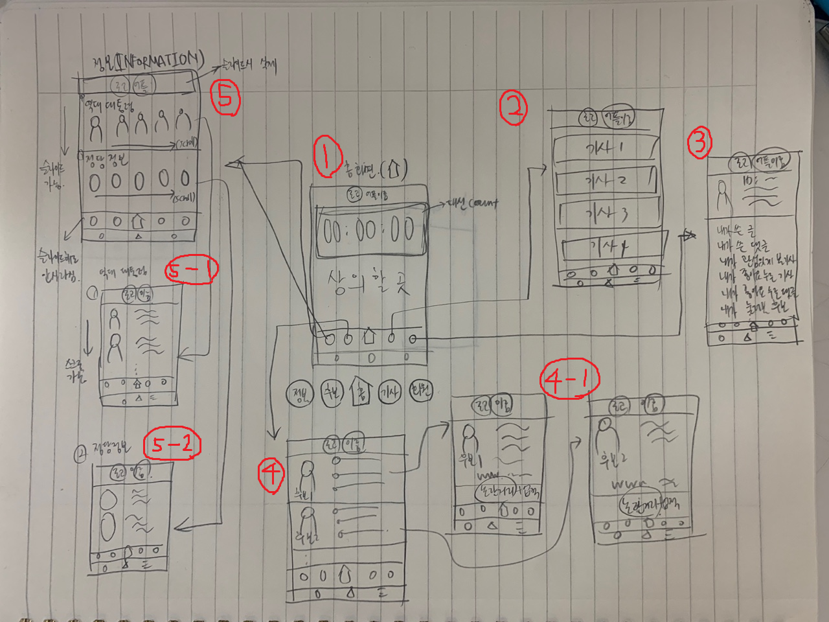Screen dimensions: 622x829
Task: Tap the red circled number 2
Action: [x=514, y=108]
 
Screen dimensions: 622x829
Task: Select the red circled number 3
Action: [x=699, y=142]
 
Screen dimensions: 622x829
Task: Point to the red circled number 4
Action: [x=271, y=475]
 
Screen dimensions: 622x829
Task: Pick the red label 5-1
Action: [x=191, y=270]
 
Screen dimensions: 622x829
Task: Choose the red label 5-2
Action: [x=172, y=444]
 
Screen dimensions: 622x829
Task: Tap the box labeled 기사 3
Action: [x=608, y=213]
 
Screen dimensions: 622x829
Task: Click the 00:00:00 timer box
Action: [x=371, y=230]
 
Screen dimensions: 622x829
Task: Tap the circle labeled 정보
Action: [x=300, y=393]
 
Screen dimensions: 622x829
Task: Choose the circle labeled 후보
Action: [x=332, y=392]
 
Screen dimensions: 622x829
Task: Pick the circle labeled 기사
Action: [x=390, y=392]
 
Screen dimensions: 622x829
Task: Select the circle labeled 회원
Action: [x=420, y=391]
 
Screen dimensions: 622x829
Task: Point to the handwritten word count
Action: [x=484, y=204]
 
